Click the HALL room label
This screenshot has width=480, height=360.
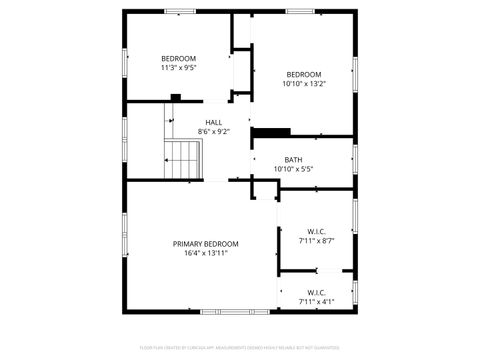[x=214, y=122]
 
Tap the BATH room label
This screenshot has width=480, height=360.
[x=293, y=160]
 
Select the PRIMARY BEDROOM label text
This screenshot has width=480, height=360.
[x=206, y=244]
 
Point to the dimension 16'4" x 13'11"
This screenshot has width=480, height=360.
[x=206, y=253]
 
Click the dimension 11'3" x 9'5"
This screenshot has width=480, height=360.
[x=179, y=68]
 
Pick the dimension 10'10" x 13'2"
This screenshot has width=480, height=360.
[x=304, y=84]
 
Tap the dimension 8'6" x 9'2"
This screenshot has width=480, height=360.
[x=214, y=131]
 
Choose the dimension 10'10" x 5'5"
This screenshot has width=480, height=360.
[x=293, y=169]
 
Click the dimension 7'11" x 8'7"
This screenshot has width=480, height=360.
[x=316, y=240]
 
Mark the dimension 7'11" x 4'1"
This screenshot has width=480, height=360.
[x=316, y=301]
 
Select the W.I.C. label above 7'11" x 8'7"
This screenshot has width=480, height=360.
[x=316, y=231]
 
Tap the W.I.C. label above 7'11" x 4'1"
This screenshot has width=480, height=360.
[x=316, y=292]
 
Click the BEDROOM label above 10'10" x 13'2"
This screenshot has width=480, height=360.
[x=304, y=75]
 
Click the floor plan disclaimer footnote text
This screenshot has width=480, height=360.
[x=240, y=347]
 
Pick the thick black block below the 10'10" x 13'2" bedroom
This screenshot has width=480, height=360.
[x=271, y=131]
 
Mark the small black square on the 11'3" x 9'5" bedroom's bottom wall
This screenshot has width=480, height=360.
[x=176, y=97]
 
